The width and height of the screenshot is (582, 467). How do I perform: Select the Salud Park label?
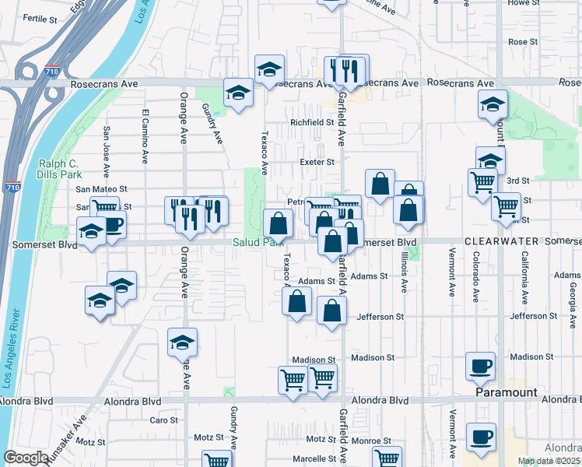tap(253, 243)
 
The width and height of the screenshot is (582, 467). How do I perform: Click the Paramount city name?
tap(507, 393)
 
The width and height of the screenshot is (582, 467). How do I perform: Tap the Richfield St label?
tap(311, 122)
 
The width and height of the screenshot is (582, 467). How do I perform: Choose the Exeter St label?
tap(317, 163)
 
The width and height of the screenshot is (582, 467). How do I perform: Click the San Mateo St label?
tap(101, 189)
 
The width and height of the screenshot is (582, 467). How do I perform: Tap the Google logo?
tap(26, 457)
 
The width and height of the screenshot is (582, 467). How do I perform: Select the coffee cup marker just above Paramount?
tap(480, 366)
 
